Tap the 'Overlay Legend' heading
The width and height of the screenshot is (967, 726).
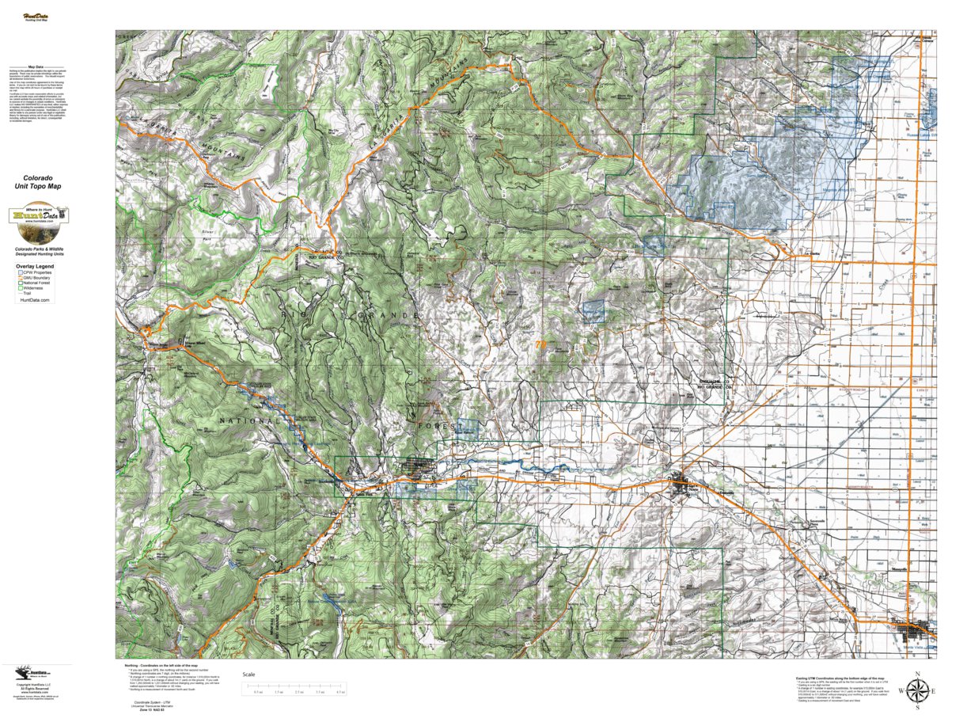click(35, 267)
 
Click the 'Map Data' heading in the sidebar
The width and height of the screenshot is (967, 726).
click(36, 67)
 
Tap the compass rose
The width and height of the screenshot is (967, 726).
click(916, 690)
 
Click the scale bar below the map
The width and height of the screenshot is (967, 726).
click(296, 686)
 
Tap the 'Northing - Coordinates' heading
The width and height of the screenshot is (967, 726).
click(158, 666)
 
